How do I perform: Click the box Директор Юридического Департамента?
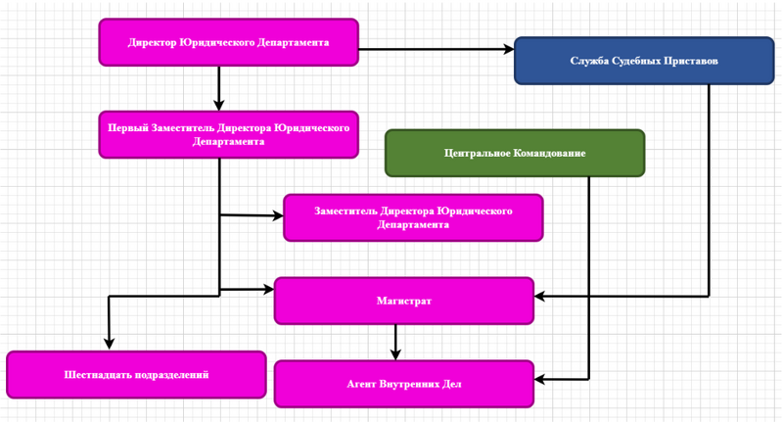point(228,42)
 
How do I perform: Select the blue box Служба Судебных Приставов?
point(644,61)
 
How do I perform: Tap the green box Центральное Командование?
point(515,154)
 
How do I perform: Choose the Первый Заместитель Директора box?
point(228,134)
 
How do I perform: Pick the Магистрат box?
point(403,301)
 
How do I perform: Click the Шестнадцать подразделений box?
point(136,375)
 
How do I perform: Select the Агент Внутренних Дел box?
point(403,384)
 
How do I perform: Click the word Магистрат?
point(403,301)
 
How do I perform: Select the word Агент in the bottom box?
point(363,384)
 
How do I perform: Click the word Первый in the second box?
point(127,127)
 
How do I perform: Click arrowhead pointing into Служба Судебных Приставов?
point(508,48)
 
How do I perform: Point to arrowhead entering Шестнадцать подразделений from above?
point(110,344)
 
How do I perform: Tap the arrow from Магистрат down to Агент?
point(395,342)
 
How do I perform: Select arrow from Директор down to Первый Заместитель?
point(219,88)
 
